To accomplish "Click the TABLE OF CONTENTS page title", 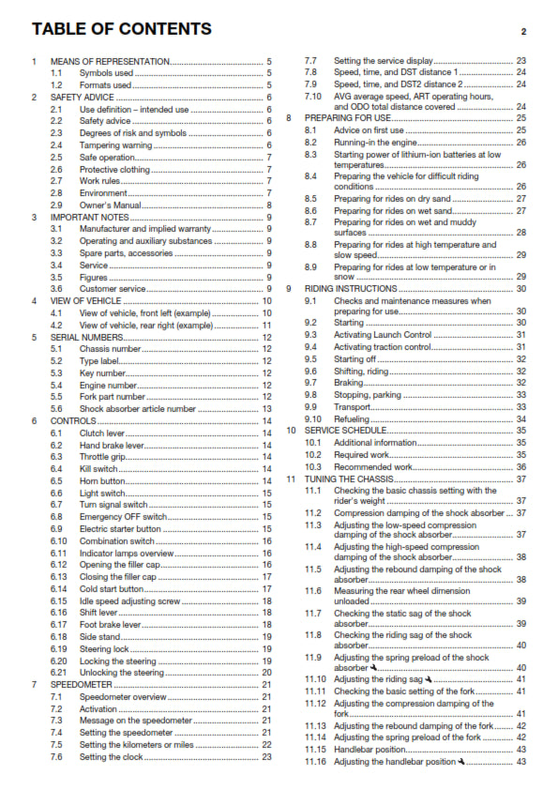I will coord(121,29).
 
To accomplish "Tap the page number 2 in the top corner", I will coord(524,31).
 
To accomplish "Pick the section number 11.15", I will coord(315,748).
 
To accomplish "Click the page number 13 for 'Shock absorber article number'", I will coord(266,409).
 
